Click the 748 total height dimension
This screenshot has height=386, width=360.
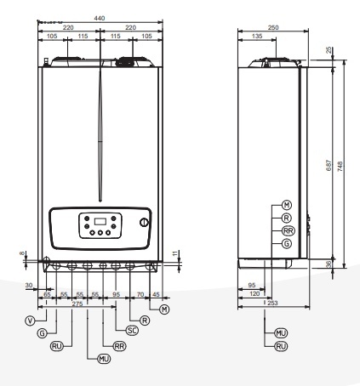coord(342,167)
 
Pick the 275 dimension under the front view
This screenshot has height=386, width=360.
coord(77,303)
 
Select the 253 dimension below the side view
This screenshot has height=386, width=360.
coord(273,303)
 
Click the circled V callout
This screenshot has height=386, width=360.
coord(30,321)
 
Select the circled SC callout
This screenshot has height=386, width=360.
coord(131,329)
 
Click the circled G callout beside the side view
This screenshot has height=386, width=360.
coord(286,242)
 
